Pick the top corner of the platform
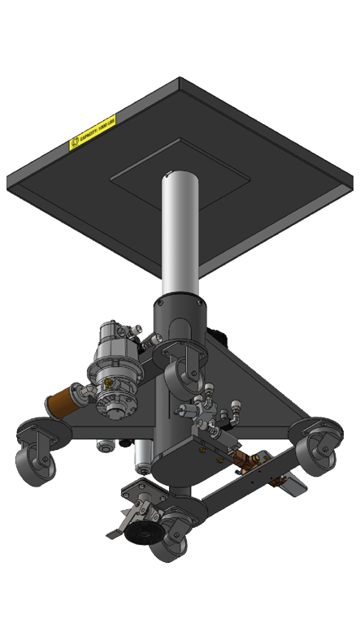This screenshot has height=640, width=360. pyautogui.click(x=178, y=80)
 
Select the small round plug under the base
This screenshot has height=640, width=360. pyautogui.click(x=104, y=445)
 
